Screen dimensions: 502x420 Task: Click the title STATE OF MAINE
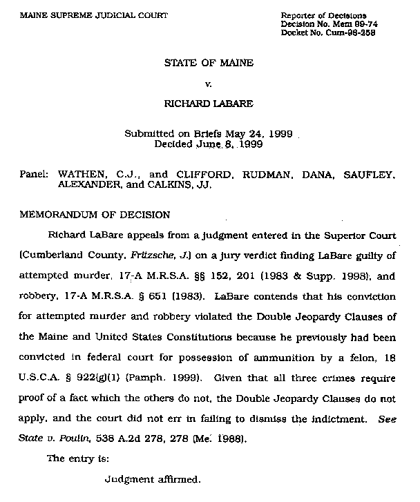tap(209, 63)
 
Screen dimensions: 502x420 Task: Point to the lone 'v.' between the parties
tap(209, 84)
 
